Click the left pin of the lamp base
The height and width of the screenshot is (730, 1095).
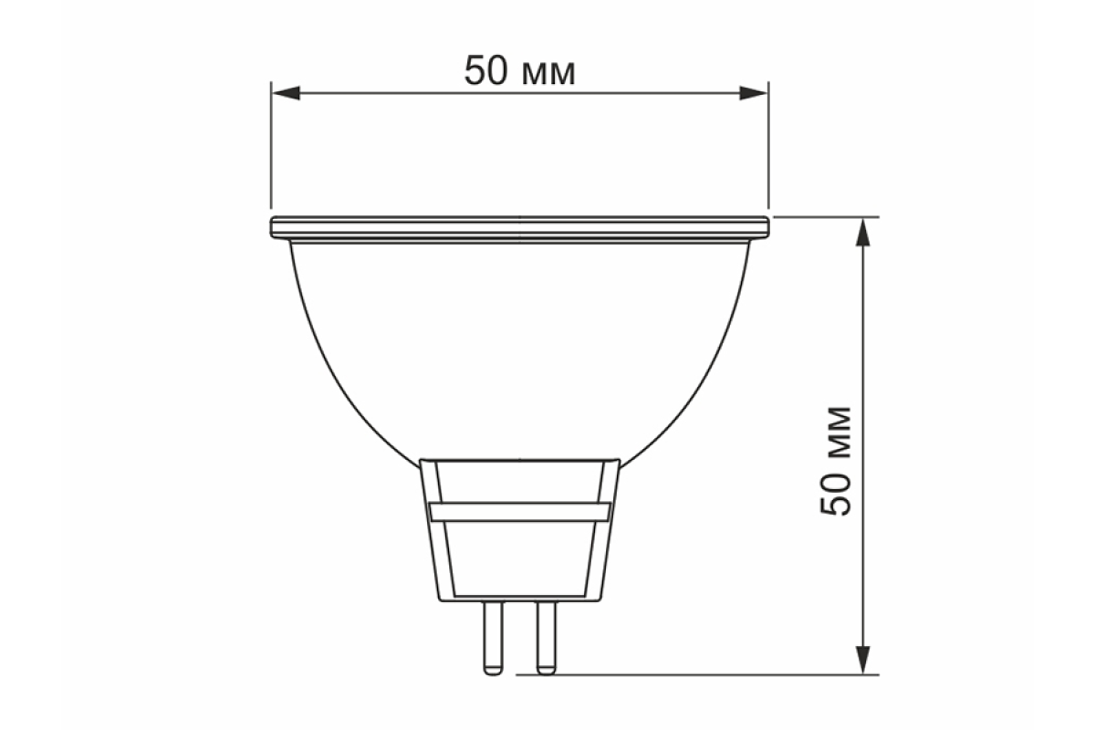[493, 638]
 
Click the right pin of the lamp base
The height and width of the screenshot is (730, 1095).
[546, 638]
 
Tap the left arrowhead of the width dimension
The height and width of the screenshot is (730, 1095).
[286, 93]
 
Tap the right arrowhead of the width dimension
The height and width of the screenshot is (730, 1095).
[754, 93]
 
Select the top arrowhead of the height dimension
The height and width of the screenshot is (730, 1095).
[864, 233]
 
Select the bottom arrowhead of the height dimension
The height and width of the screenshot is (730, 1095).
[864, 660]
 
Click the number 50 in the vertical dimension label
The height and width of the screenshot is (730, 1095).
[836, 494]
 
